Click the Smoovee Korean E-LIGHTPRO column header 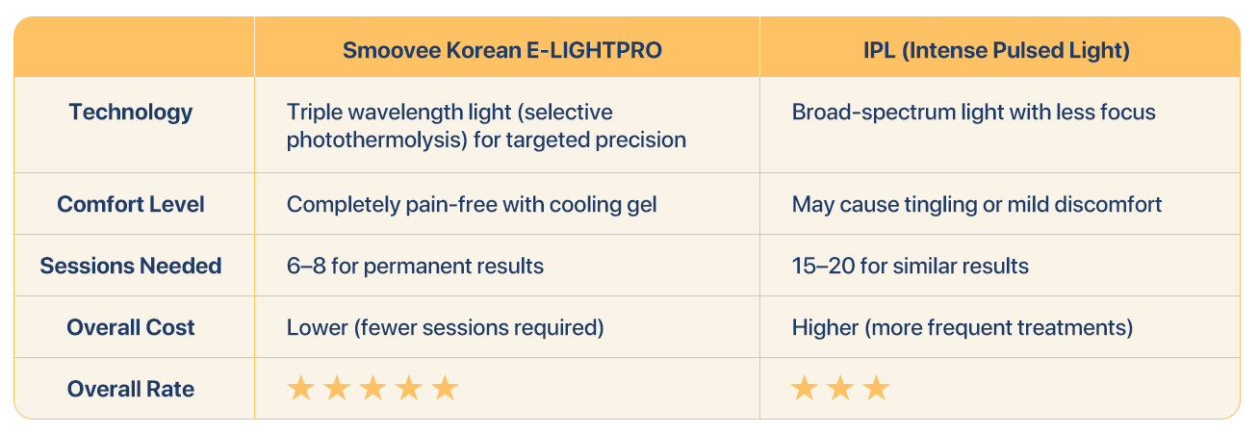tap(502, 51)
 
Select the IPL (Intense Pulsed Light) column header tap(996, 51)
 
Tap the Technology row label tap(130, 113)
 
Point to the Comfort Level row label tap(130, 204)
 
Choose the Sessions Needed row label tap(130, 267)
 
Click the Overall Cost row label tap(130, 328)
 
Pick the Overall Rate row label tap(130, 389)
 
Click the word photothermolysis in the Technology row tap(374, 140)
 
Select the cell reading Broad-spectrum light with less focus tap(973, 113)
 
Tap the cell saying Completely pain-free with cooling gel tap(472, 205)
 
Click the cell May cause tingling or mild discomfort tap(977, 205)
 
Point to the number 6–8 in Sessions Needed tap(306, 267)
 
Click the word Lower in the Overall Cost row tap(318, 328)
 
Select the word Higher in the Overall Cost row tap(825, 328)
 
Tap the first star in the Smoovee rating tap(301, 389)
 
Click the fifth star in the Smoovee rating tap(445, 389)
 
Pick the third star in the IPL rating tap(876, 389)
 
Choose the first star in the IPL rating tap(805, 389)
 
